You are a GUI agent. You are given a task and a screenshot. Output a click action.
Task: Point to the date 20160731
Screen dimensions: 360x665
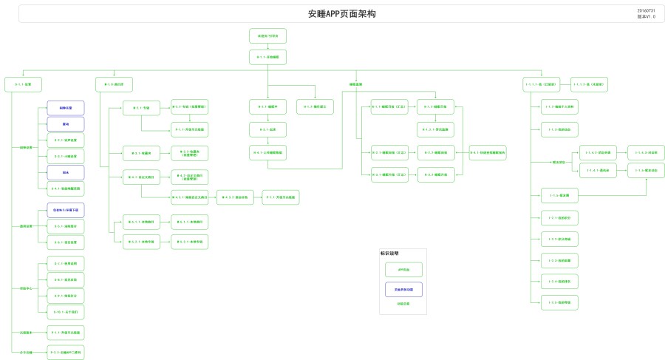pos(646,10)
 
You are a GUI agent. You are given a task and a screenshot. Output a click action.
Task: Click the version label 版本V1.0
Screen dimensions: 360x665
pos(646,16)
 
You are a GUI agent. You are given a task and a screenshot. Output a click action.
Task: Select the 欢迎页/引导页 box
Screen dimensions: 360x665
pos(267,35)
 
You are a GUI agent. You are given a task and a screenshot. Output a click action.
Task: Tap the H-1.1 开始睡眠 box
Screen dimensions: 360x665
pos(267,57)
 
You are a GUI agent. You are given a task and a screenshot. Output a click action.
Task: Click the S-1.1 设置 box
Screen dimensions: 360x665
pos(23,84)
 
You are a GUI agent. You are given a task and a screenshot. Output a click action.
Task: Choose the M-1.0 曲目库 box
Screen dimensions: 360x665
pos(114,84)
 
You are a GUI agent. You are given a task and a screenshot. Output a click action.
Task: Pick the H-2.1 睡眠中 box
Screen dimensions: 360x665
pos(267,107)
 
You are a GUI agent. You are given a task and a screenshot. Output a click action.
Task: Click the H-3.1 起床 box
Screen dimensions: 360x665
pos(267,130)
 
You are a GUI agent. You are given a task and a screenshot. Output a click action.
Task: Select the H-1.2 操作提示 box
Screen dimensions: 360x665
pos(316,107)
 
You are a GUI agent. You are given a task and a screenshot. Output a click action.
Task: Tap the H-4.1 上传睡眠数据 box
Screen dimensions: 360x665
pos(267,153)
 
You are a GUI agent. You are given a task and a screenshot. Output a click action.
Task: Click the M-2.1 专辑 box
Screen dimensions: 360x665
pos(141,108)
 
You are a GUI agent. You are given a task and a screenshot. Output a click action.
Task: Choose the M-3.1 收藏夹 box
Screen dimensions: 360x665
pos(141,154)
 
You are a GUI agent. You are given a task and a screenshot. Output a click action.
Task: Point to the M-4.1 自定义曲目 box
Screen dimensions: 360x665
pos(141,177)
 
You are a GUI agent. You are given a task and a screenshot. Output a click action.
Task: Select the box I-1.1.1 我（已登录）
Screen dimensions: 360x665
pos(541,84)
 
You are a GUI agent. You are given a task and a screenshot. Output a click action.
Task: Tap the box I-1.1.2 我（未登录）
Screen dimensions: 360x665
pos(590,84)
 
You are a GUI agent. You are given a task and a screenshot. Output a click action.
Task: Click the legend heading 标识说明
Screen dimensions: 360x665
pos(389,254)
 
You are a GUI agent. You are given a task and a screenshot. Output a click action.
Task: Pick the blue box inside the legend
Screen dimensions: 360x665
pos(403,289)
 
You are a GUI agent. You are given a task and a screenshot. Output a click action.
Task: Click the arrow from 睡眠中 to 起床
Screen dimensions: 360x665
pos(267,119)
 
